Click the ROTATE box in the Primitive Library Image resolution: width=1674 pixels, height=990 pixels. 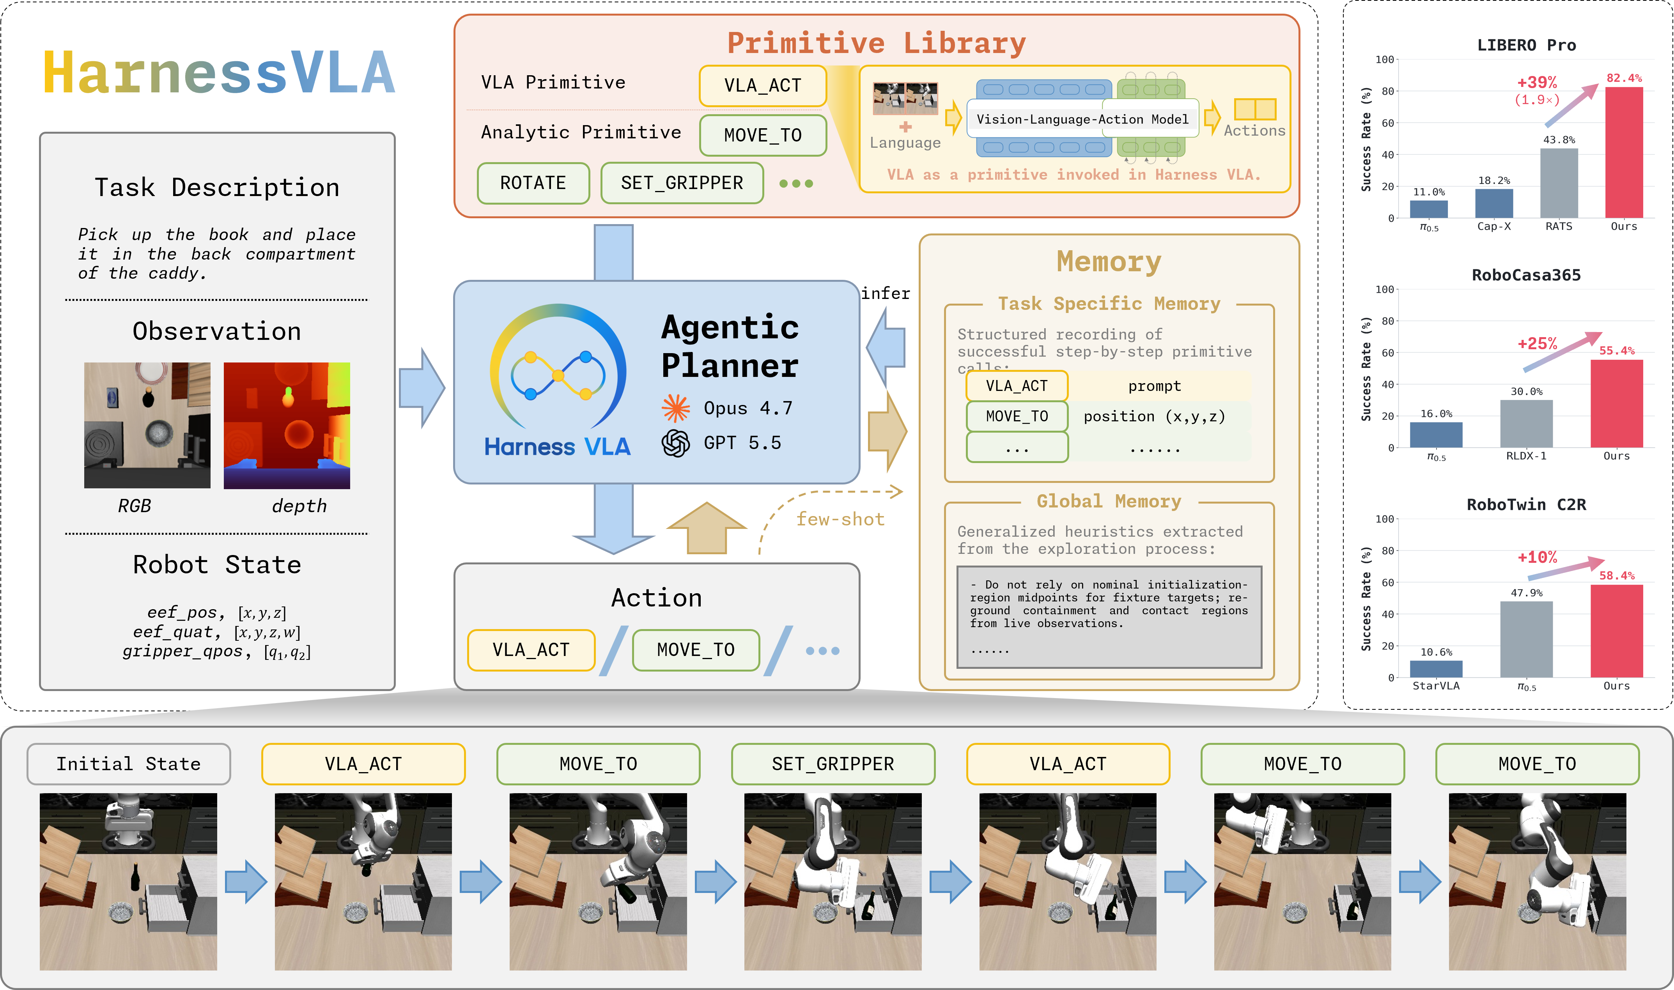click(533, 183)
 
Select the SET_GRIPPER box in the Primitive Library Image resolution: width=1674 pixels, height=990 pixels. click(682, 183)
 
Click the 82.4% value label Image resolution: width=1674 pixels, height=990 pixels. click(1624, 78)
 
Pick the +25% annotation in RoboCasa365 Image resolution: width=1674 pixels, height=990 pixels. click(1537, 343)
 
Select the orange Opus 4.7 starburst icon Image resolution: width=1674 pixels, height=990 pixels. click(675, 408)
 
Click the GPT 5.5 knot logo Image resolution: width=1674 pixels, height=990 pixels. click(675, 443)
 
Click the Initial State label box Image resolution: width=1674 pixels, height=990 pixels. click(129, 764)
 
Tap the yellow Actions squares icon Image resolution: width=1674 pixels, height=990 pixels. click(1255, 109)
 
